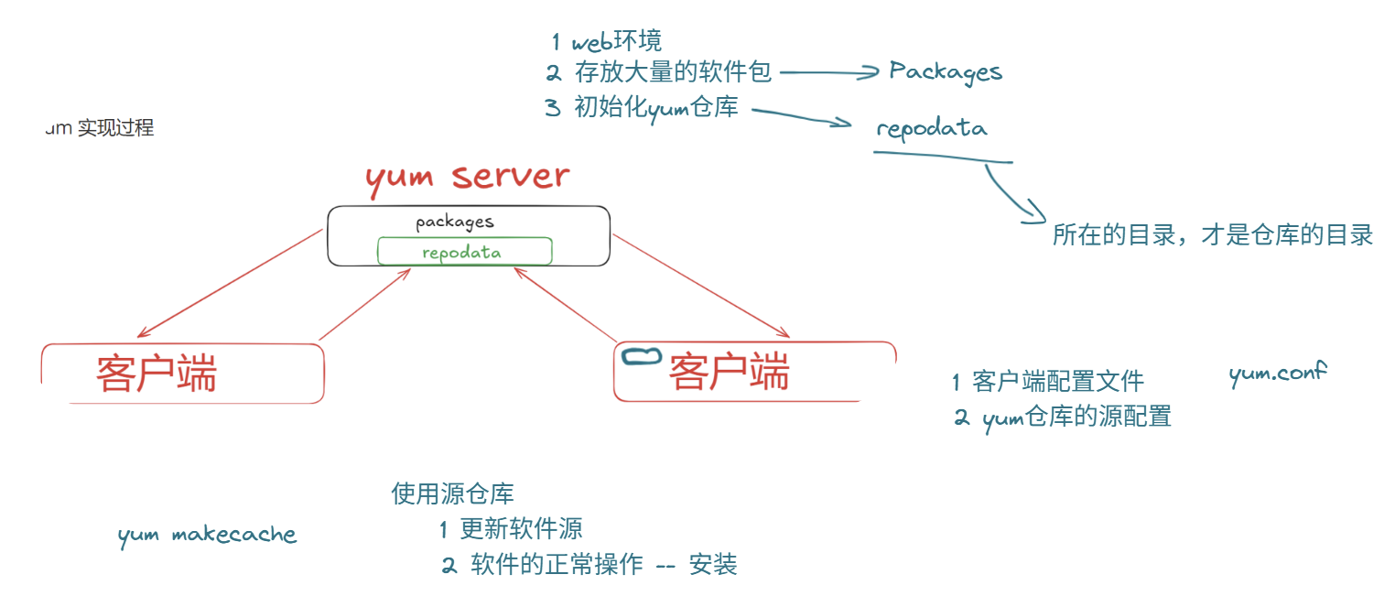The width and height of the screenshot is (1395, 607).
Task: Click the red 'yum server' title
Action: pos(467,177)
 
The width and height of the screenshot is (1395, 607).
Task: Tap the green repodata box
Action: pos(464,252)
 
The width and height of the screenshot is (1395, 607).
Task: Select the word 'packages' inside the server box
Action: pos(455,222)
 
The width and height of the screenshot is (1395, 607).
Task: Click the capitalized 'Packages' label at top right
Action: pos(946,72)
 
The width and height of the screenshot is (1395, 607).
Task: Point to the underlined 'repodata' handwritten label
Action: pos(932,128)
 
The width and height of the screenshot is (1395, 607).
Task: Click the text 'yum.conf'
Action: pos(1278,374)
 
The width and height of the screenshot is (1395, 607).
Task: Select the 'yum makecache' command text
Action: pos(207,535)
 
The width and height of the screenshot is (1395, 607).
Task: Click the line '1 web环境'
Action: pos(606,41)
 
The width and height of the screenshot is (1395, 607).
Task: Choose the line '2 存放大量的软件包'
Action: pos(659,72)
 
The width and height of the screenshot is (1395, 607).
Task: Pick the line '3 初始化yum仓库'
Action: pos(642,107)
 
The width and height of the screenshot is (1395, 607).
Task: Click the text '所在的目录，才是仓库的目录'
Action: pos(1212,235)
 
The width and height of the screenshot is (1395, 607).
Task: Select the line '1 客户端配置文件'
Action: pos(1047,381)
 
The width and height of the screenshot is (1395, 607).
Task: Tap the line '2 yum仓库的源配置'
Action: pos(1062,417)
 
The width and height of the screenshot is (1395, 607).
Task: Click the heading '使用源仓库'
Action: pos(452,494)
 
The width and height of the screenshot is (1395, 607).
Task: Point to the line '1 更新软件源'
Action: pos(510,528)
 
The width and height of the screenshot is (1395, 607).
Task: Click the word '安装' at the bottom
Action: pos(713,565)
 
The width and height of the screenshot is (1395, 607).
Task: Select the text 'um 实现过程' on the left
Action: pos(100,128)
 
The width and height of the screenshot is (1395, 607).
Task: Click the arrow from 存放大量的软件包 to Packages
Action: pos(828,73)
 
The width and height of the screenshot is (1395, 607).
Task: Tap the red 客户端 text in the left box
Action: pos(156,374)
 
